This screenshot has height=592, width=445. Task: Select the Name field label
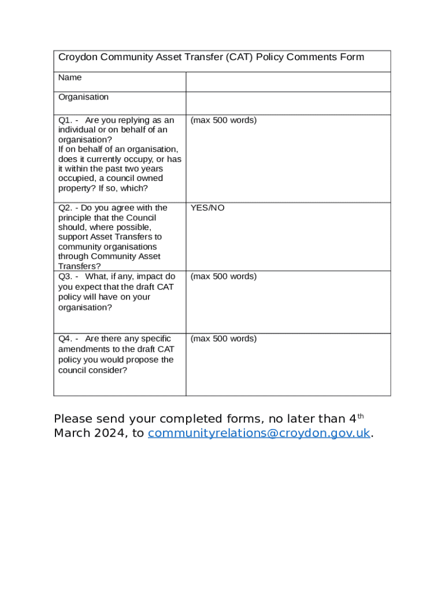[x=70, y=77]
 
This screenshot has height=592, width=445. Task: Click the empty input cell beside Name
[x=288, y=82]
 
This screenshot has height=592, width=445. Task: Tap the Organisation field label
[x=83, y=97]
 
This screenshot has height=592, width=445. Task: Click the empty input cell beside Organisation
[x=288, y=103]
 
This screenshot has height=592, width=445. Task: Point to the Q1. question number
[x=65, y=120]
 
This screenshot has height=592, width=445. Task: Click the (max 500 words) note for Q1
[x=224, y=120]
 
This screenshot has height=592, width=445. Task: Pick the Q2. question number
[x=65, y=208]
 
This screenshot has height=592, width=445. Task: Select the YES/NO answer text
[x=207, y=208]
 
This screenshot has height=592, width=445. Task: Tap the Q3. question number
[x=65, y=277]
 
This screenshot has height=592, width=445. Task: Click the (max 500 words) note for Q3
[x=224, y=277]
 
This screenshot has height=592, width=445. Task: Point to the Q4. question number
[x=65, y=339]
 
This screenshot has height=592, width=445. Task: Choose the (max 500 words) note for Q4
[x=224, y=339]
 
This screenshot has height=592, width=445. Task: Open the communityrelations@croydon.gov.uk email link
[x=259, y=434]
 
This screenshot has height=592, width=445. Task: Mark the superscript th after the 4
[x=360, y=416]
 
